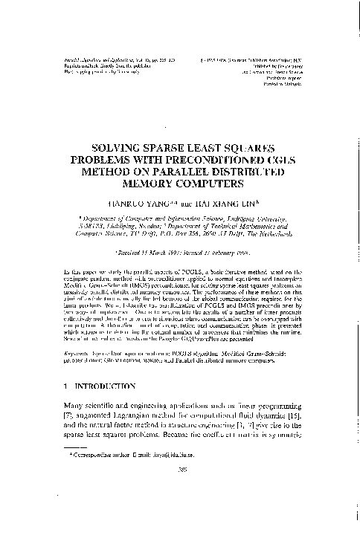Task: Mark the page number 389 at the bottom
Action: tap(179, 511)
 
